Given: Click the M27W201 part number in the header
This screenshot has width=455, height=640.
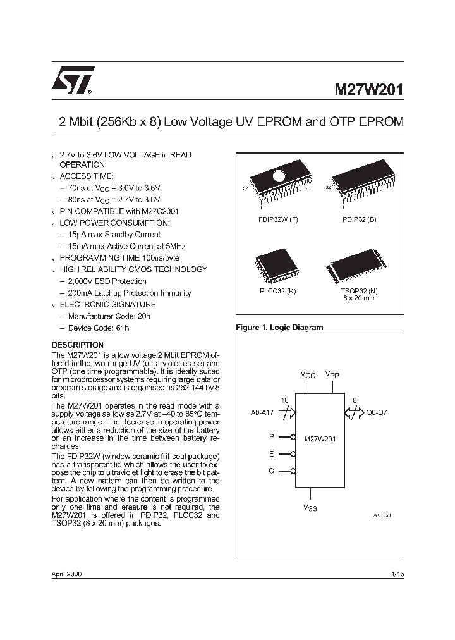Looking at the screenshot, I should click(x=368, y=90).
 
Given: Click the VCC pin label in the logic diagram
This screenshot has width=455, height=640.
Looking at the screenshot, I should click(x=308, y=375).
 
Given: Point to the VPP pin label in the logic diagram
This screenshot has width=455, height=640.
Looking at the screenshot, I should click(x=332, y=375).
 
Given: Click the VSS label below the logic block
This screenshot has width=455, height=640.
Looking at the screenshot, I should click(x=310, y=508).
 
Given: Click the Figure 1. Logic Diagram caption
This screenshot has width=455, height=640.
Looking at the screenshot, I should click(x=279, y=328).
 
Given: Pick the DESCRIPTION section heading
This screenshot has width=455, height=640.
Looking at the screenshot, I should click(x=77, y=345).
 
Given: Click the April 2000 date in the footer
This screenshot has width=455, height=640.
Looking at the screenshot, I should click(x=66, y=574).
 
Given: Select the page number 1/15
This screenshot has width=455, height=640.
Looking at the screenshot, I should click(x=397, y=574).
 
